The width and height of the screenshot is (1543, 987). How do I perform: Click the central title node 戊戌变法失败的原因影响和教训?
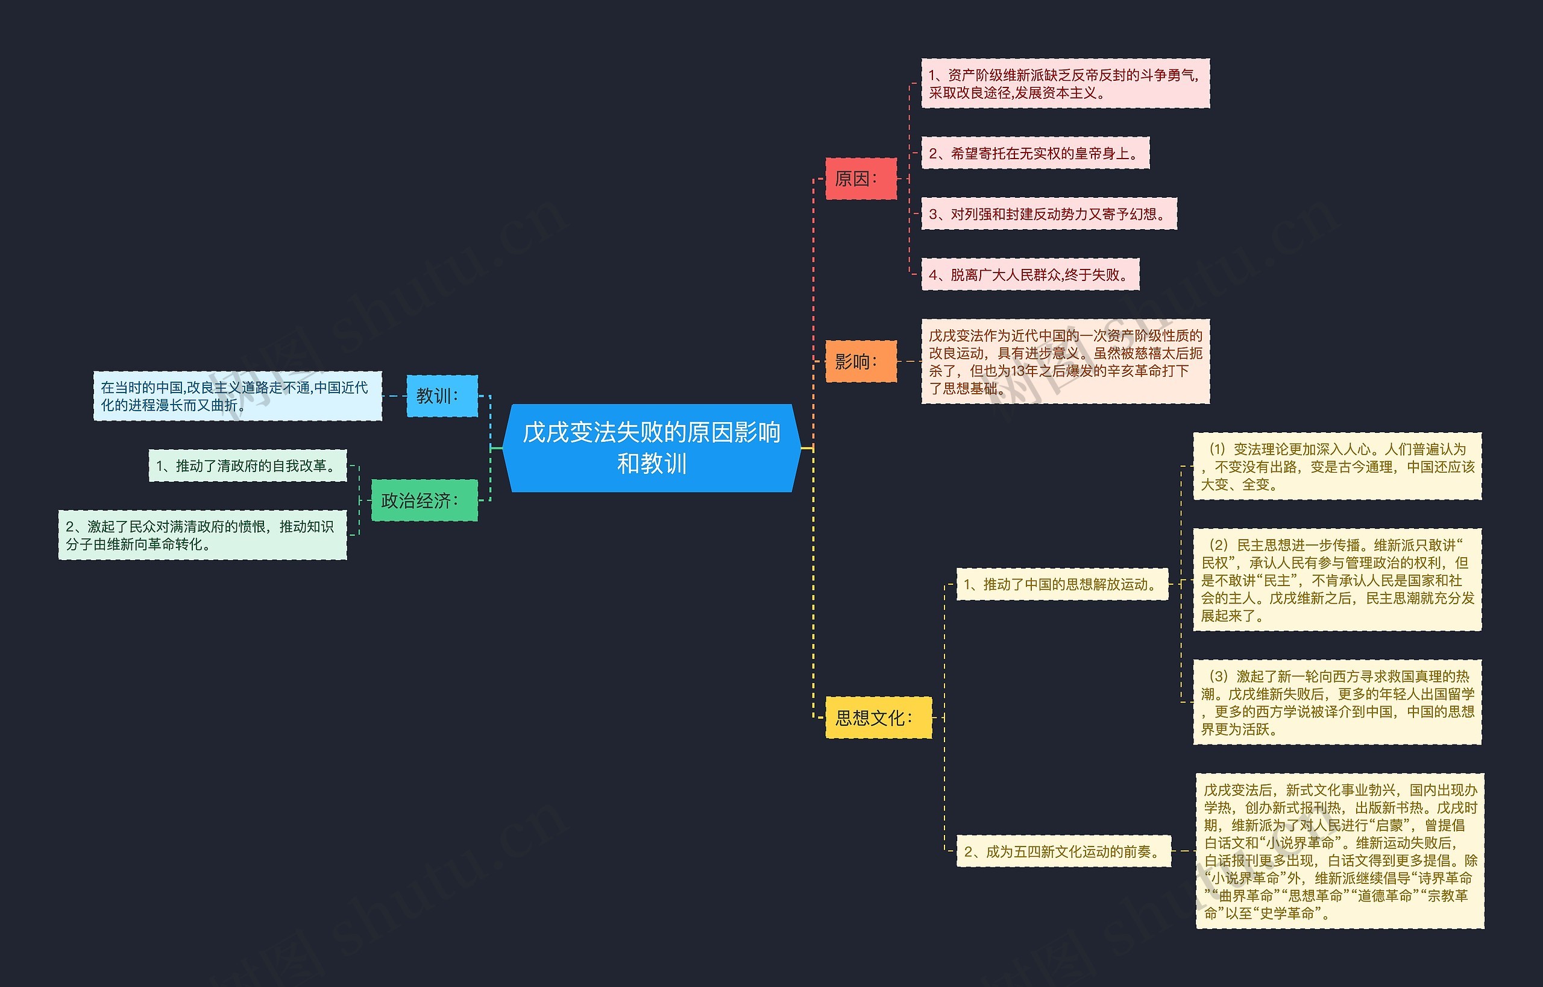pos(651,448)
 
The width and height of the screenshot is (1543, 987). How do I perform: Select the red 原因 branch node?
pos(860,179)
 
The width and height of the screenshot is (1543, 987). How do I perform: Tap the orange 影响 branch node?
pos(860,362)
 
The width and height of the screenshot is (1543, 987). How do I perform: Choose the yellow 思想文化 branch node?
pos(878,717)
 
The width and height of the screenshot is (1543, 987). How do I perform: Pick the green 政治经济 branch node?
pos(424,500)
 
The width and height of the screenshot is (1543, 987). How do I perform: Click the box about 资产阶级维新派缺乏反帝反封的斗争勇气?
pos(1065,84)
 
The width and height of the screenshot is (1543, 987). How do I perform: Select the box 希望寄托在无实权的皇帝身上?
pos(1035,153)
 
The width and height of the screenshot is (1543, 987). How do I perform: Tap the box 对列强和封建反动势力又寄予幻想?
pos(1048,214)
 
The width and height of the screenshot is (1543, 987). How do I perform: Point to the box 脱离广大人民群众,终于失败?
pos(1029,275)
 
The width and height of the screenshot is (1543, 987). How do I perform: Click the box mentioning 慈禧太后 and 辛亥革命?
pos(1065,362)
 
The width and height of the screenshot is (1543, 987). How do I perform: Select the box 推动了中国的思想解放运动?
pos(1062,584)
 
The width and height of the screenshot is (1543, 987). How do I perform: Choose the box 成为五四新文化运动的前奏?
pos(1063,852)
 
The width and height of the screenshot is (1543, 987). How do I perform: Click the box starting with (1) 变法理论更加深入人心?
pos(1337,467)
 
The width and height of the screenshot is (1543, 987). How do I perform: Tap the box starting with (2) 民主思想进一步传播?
pos(1337,580)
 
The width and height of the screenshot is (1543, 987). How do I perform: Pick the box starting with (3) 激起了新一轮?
pos(1337,702)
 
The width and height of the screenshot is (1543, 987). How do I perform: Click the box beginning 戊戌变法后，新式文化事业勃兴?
pos(1339,851)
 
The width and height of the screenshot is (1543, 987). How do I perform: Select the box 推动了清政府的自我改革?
pos(247,466)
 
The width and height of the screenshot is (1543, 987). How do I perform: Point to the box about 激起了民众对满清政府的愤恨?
pos(203,535)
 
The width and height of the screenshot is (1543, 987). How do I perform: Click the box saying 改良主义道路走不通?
pos(237,396)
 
